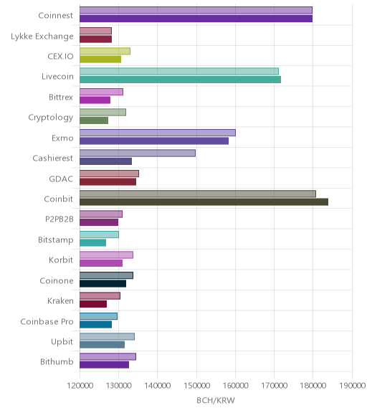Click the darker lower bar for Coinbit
click(x=204, y=202)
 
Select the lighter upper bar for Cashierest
click(x=138, y=153)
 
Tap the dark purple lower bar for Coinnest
click(x=196, y=19)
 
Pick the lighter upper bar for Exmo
click(x=158, y=133)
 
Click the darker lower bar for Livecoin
click(x=181, y=80)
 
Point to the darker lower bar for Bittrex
click(x=95, y=100)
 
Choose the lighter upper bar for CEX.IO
click(x=105, y=51)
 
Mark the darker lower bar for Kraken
click(x=93, y=304)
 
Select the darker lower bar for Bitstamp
click(x=93, y=243)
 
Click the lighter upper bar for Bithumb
click(x=108, y=356)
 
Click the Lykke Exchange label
click(x=42, y=37)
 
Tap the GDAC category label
click(x=61, y=179)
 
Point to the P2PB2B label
click(x=59, y=219)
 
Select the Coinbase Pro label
click(x=47, y=322)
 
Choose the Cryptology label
click(x=51, y=118)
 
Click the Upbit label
click(x=62, y=342)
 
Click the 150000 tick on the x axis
click(x=196, y=386)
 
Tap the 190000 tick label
click(x=352, y=386)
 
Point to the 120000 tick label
click(x=80, y=386)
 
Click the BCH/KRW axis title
click(x=216, y=400)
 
